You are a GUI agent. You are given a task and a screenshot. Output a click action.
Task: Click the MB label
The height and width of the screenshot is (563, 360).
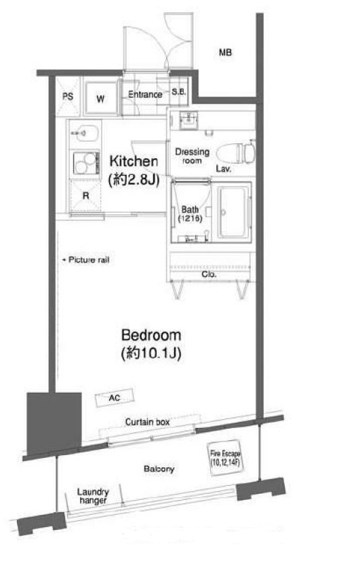(x=225, y=52)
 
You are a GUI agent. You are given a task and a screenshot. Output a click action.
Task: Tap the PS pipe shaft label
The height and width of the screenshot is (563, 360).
(x=68, y=96)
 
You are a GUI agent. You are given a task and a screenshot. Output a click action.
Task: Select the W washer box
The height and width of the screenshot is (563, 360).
(x=101, y=98)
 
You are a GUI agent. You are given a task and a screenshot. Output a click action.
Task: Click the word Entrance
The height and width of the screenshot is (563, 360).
(x=145, y=94)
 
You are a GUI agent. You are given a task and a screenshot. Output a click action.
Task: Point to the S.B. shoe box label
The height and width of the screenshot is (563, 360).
(x=178, y=92)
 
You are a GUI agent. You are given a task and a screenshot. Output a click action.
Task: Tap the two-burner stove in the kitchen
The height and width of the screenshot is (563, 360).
(x=86, y=163)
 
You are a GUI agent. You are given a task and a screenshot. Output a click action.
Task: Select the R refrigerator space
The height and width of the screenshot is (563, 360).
(x=85, y=196)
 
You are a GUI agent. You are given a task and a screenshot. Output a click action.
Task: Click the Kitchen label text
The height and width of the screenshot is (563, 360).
(x=134, y=161)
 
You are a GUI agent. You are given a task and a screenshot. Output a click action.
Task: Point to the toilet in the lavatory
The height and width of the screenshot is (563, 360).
(x=235, y=153)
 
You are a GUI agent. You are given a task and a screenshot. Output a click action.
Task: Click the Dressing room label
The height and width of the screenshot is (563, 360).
(x=192, y=156)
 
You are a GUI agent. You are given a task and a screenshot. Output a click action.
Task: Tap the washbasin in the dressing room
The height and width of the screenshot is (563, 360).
(x=188, y=119)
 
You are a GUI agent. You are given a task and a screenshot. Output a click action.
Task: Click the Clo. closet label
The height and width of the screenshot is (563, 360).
(x=209, y=274)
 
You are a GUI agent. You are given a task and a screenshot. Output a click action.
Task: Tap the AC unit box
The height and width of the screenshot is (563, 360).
(x=115, y=397)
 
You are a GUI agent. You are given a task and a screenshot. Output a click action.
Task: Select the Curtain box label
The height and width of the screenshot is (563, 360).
(x=147, y=422)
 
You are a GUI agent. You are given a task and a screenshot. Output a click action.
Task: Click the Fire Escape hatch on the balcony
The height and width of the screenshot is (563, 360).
(x=224, y=458)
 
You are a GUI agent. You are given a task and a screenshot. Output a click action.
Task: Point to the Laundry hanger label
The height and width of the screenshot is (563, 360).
(x=93, y=496)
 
